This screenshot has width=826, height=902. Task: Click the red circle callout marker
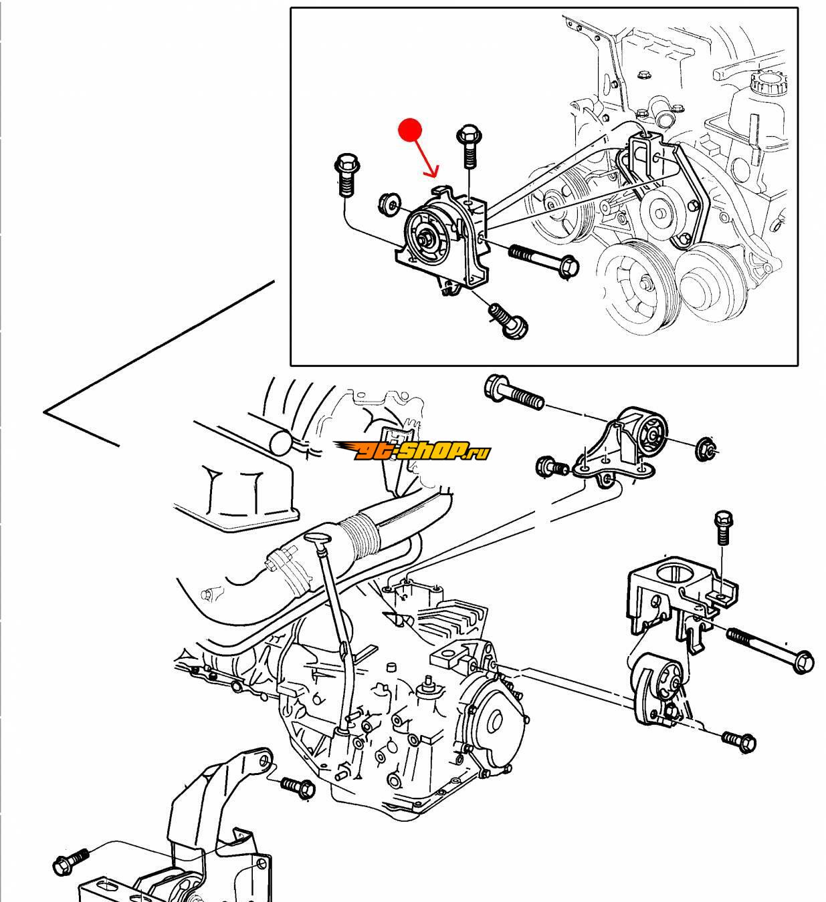[x=410, y=131]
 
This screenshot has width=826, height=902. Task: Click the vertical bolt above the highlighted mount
[x=468, y=147]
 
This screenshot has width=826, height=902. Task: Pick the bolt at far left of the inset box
[x=346, y=175]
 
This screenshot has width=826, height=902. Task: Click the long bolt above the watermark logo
[x=514, y=393]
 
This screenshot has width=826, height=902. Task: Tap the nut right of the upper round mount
[x=706, y=449]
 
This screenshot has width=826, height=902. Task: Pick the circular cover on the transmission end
[x=495, y=721]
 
